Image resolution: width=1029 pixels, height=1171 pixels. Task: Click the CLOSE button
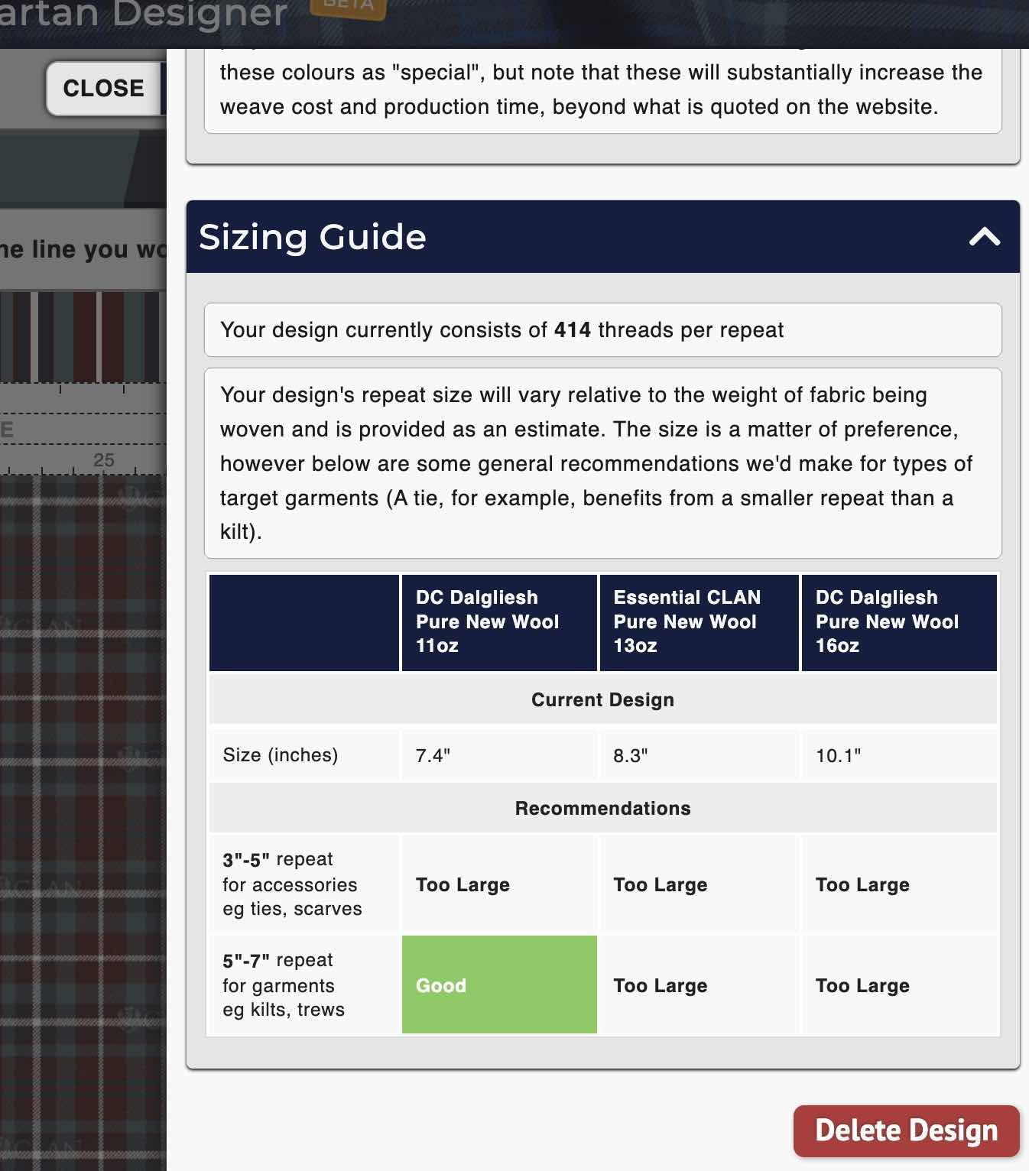point(103,89)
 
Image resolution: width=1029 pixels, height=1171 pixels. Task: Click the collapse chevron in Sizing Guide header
point(984,237)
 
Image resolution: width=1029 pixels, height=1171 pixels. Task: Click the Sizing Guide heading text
point(312,237)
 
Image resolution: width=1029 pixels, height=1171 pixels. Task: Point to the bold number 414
point(572,330)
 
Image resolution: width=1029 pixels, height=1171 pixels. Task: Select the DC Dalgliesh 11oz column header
point(498,622)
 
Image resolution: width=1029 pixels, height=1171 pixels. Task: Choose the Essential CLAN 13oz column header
point(698,622)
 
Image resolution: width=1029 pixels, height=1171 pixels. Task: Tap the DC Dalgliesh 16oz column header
point(898,622)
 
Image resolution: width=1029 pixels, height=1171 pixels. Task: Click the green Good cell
point(498,985)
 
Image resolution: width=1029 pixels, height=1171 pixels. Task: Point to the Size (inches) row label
point(280,755)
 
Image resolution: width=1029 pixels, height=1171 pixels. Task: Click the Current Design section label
point(602,700)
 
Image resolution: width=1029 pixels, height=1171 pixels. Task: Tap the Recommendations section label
point(602,809)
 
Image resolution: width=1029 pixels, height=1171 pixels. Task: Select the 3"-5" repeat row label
point(292,884)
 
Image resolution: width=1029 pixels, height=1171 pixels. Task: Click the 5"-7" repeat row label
point(283,985)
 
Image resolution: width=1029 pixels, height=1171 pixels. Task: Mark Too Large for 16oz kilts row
point(862,986)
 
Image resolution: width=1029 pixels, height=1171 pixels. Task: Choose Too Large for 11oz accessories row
point(463,885)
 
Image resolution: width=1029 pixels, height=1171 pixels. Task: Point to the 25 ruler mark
point(103,460)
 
